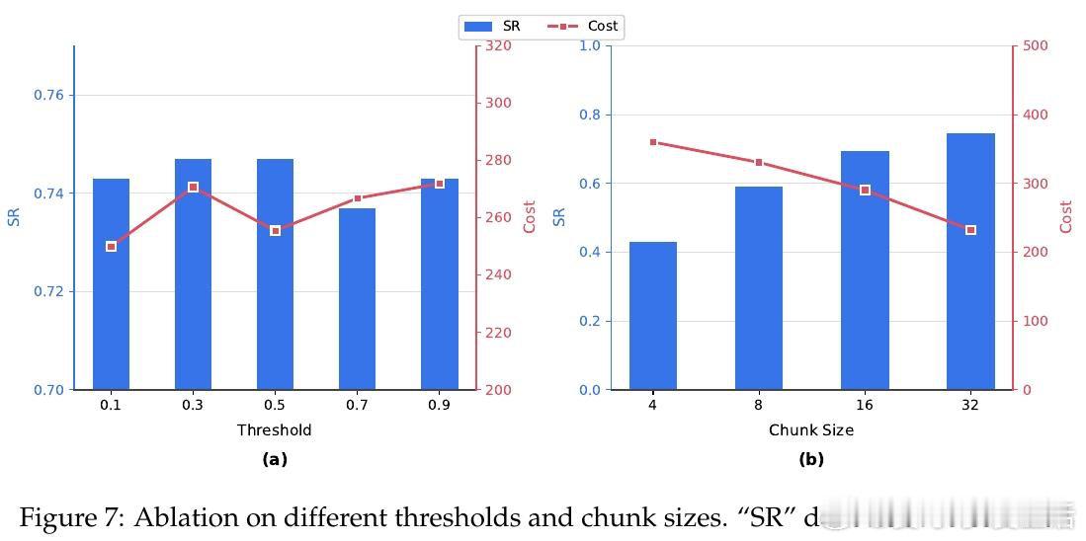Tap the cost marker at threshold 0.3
194,187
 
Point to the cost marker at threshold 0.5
276,230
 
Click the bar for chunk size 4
653,316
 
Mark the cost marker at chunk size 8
759,162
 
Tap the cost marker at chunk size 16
865,190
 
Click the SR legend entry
492,27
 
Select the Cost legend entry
590,27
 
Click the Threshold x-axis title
274,430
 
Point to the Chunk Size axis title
811,430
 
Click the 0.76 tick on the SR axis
48,96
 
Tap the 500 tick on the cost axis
1035,46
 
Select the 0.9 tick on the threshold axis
439,405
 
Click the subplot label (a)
275,459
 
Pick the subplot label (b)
811,459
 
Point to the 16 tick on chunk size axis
865,405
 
